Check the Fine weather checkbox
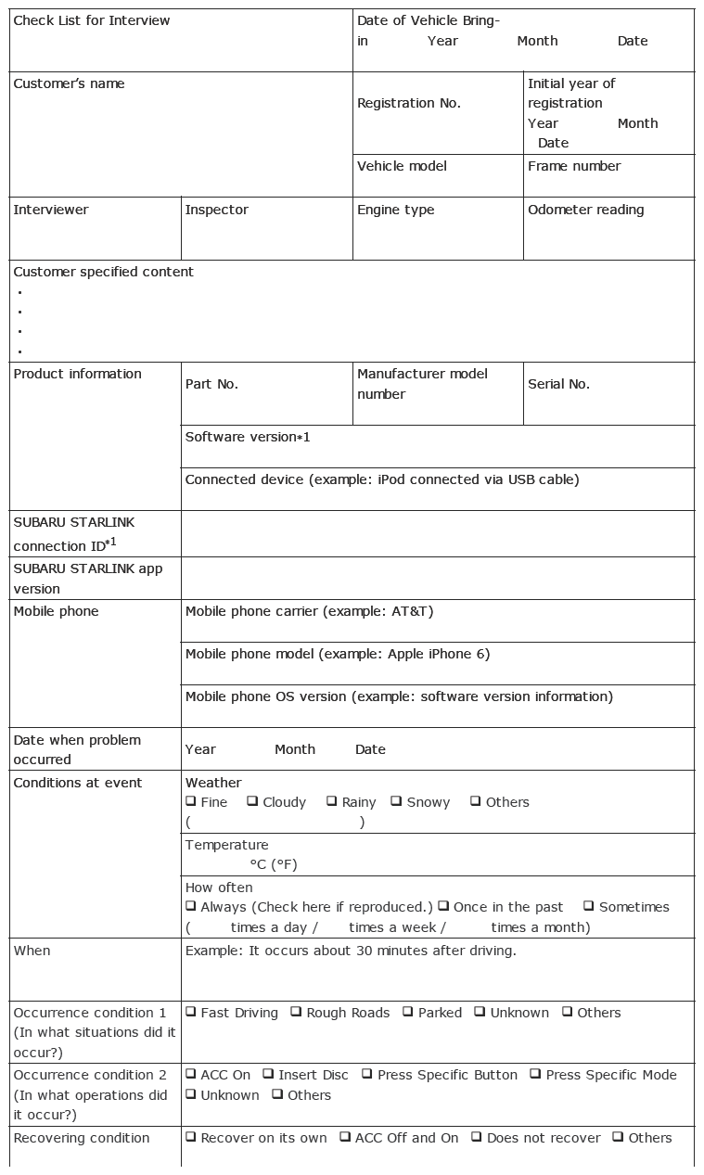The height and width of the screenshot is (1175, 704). (x=191, y=801)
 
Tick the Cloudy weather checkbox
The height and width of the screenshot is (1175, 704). (x=252, y=801)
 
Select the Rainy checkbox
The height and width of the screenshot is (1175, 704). (x=331, y=801)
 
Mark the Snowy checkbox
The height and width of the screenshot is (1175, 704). (x=396, y=801)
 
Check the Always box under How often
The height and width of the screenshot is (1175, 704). (x=191, y=906)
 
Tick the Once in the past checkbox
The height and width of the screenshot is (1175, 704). (x=443, y=906)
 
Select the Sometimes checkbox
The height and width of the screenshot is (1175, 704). (x=589, y=906)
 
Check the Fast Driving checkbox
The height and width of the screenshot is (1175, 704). (x=191, y=1012)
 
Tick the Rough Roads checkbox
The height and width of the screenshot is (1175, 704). (x=296, y=1012)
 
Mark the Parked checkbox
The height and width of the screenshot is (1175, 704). (x=408, y=1012)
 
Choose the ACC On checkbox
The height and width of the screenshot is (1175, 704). (x=191, y=1074)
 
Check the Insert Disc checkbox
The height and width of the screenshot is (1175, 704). (x=268, y=1074)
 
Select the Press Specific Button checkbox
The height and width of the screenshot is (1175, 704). (x=367, y=1074)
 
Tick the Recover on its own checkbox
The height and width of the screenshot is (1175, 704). (x=191, y=1137)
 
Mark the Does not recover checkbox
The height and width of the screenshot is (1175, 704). (x=477, y=1137)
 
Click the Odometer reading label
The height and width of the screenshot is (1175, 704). (x=585, y=210)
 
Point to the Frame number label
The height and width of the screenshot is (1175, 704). (x=574, y=166)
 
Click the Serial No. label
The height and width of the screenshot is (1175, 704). (x=558, y=384)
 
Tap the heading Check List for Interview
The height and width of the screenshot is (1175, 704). (x=92, y=20)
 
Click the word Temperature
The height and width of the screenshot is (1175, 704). (x=226, y=845)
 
